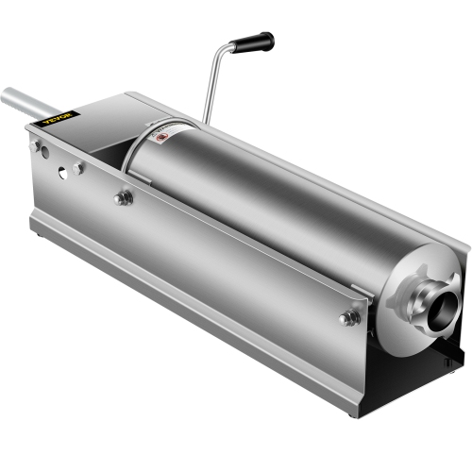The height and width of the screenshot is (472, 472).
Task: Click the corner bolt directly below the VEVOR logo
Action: pyautogui.click(x=37, y=146)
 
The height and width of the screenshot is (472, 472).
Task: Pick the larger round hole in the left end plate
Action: pyautogui.click(x=61, y=174)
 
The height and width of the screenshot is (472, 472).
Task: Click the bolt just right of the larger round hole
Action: pyautogui.click(x=78, y=168)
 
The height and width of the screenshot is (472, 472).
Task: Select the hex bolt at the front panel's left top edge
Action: pyautogui.click(x=123, y=198)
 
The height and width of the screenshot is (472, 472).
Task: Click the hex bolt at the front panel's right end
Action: pyautogui.click(x=349, y=317)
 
